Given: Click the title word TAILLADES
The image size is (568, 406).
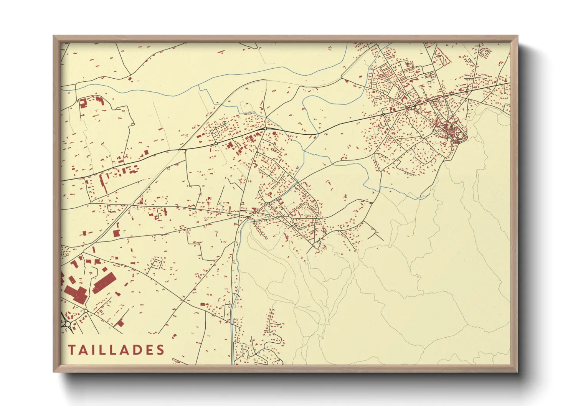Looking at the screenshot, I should pos(116,350).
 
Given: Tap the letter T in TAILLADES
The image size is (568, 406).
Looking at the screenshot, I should pos(72,350).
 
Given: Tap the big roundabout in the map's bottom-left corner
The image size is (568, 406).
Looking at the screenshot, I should pos(68,325).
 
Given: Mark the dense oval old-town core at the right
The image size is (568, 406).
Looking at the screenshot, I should pos(456,132).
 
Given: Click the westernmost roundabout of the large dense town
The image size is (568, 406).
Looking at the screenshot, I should pos(383,114).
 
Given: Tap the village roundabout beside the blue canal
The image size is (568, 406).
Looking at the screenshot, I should pos(268,203).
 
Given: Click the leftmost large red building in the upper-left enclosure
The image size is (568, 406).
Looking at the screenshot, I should pos(82,102).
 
